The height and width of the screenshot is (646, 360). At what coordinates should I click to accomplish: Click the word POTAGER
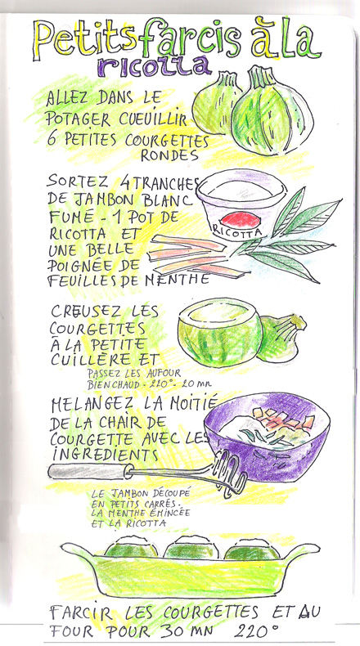click(78, 119)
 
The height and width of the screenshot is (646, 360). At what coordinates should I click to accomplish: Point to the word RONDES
click(169, 155)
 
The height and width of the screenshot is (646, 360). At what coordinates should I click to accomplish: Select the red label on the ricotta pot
click(240, 219)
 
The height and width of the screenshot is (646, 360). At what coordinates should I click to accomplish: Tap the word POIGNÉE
click(81, 266)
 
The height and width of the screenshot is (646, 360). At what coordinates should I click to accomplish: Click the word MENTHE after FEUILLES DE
click(178, 280)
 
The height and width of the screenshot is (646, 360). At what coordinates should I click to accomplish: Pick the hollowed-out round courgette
click(219, 332)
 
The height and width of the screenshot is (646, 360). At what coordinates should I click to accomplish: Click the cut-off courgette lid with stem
click(281, 338)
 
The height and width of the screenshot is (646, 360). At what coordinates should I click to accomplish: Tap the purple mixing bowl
click(268, 437)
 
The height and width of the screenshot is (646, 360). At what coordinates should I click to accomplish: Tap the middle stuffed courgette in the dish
click(191, 548)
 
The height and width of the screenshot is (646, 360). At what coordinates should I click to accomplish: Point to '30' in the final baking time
click(170, 631)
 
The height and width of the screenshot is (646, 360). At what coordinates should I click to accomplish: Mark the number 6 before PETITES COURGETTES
click(51, 138)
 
